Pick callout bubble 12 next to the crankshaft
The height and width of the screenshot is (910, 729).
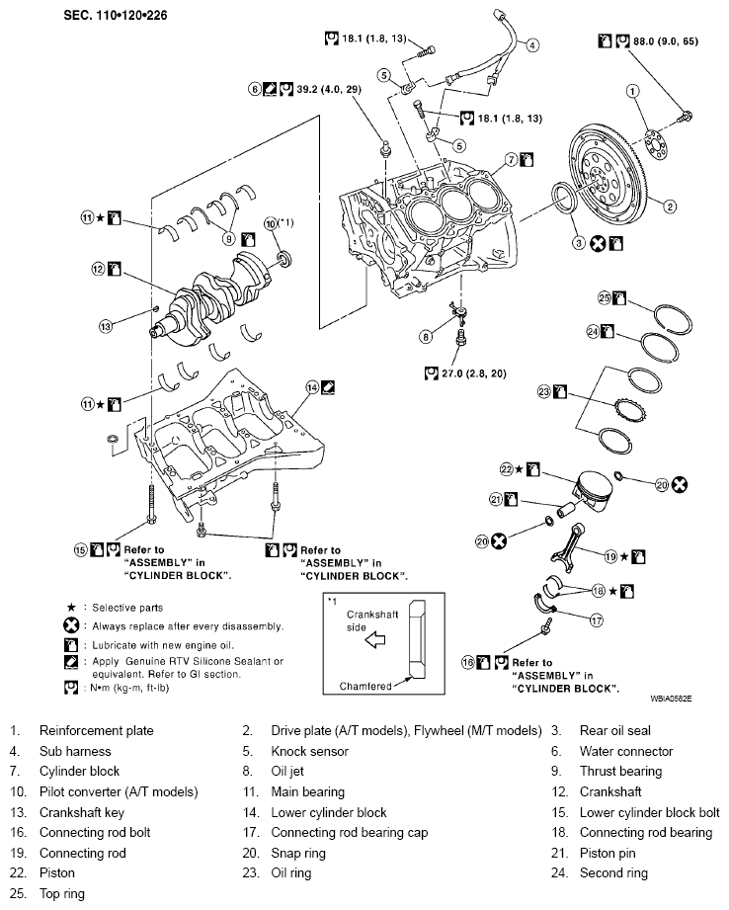pyautogui.click(x=98, y=268)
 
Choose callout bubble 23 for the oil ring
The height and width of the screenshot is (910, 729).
pyautogui.click(x=542, y=393)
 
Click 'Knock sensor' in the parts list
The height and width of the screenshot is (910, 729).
pyautogui.click(x=307, y=751)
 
